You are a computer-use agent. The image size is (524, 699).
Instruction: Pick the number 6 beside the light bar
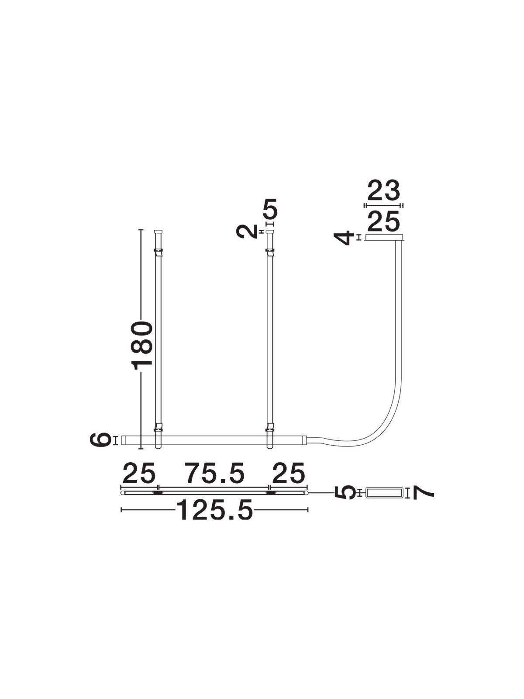(x=100, y=440)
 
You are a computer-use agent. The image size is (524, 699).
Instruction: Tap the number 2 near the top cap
(x=247, y=231)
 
